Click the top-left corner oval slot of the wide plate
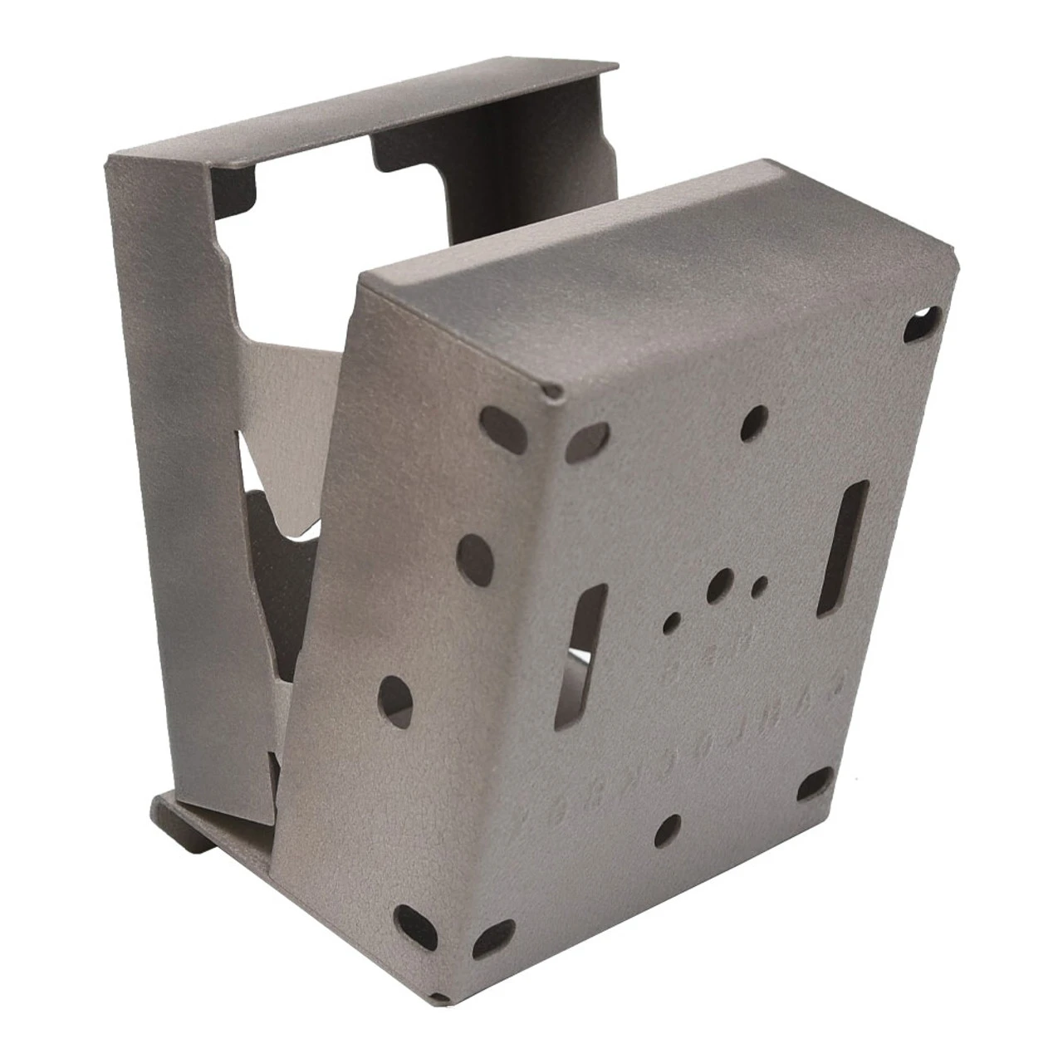591,434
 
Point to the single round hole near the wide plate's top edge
757,420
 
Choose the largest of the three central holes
721,583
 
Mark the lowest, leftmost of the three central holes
674,619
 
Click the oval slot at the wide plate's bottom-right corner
818,781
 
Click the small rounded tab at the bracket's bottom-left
163,809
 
